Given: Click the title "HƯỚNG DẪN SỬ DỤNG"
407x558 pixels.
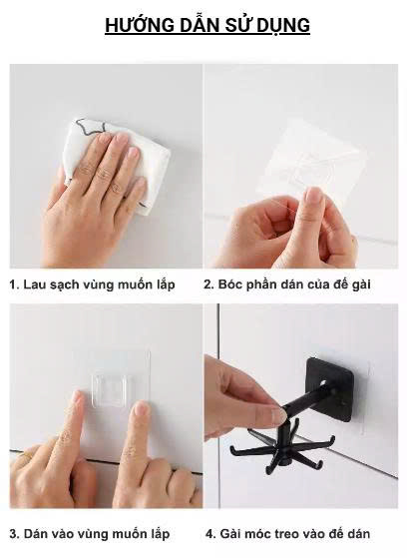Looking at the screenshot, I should click(x=207, y=26).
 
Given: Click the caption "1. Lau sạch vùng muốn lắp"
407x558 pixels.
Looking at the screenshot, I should click(x=92, y=284).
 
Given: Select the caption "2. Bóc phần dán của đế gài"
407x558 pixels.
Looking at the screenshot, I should click(x=287, y=284).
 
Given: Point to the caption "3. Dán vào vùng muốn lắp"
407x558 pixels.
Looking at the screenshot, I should click(x=90, y=534).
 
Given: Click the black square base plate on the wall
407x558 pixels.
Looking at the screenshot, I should click(x=330, y=384).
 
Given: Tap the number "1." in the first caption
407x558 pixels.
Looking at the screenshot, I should click(x=15, y=284).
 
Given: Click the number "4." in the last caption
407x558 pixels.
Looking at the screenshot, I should click(x=210, y=534).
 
